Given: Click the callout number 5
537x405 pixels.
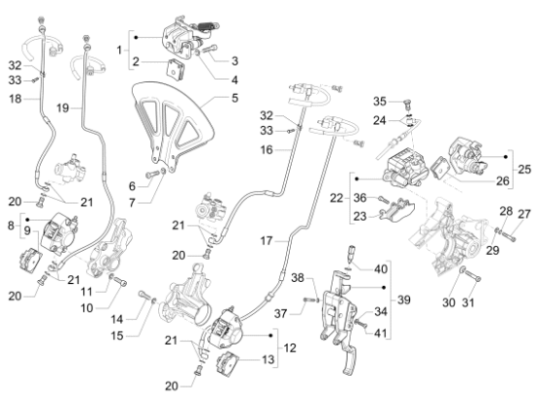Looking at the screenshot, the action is [x=234, y=98].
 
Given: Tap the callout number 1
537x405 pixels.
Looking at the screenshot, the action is [x=119, y=51].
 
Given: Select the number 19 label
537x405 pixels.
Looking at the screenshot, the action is [x=62, y=108].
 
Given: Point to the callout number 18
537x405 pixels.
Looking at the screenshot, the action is [x=15, y=99].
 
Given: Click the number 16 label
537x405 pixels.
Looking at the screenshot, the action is [x=267, y=150].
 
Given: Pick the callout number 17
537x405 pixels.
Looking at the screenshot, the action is [x=267, y=241].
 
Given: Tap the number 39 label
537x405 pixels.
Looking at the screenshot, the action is [x=404, y=300].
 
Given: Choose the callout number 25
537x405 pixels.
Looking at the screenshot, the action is [x=524, y=169].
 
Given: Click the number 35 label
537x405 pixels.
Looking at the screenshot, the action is [x=380, y=101].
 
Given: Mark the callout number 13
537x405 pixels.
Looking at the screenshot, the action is [x=268, y=359].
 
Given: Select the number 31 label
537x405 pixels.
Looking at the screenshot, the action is [x=468, y=303].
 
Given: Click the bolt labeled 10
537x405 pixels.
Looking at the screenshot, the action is [x=120, y=282].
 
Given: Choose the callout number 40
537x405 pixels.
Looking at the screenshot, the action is [x=381, y=269].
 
